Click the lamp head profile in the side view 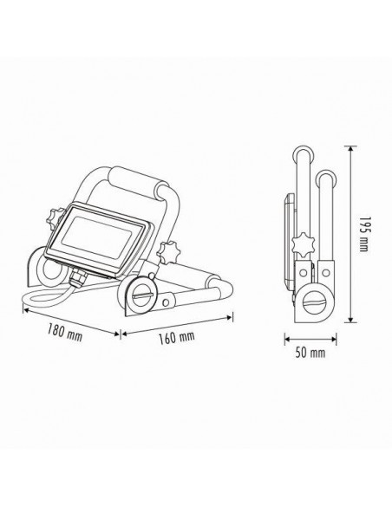tap(289, 234)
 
